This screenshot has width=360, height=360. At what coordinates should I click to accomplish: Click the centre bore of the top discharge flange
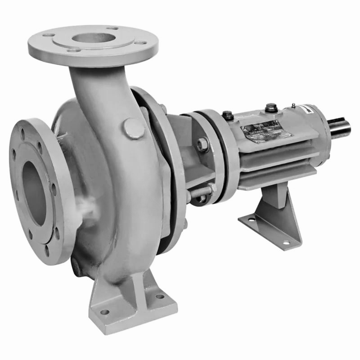(x=93, y=38)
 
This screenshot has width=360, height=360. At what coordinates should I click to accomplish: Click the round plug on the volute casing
(x=134, y=128)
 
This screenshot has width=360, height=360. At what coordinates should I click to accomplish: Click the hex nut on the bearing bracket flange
(x=202, y=144)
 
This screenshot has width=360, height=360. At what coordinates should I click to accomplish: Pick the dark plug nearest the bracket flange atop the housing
(x=228, y=116)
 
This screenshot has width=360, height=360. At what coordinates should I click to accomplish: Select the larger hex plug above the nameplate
(x=271, y=108)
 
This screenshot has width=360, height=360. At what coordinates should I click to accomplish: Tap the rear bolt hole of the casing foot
(x=159, y=297)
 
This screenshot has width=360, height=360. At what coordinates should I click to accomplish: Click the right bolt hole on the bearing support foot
(x=285, y=243)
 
